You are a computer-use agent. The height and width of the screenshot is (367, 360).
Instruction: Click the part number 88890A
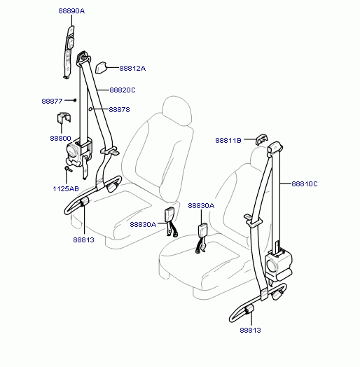point(71,11)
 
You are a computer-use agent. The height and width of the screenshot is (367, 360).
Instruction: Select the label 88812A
point(132,69)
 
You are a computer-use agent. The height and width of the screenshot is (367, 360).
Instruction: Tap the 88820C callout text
point(123,90)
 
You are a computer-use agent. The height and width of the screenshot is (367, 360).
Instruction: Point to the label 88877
point(52,101)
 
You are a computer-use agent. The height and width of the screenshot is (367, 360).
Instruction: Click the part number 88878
point(119,109)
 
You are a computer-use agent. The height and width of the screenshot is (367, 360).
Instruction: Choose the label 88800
point(61,139)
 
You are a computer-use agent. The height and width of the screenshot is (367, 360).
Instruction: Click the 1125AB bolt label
point(66,188)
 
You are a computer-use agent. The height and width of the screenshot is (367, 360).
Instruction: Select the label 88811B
point(228,141)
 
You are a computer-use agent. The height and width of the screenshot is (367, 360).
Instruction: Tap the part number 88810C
point(305,184)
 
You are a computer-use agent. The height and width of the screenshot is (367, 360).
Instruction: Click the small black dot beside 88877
point(75,100)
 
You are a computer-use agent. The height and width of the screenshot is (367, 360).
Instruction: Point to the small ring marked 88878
point(90,109)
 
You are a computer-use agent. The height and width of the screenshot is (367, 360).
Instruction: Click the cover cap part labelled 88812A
point(101,68)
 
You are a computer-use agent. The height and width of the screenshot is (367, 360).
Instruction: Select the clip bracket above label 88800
point(64,118)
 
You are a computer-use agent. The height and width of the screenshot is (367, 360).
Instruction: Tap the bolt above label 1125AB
point(68,169)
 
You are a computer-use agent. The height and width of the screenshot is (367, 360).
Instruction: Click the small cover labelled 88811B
point(261,139)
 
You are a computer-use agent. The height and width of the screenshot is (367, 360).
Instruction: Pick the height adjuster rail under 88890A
point(69,53)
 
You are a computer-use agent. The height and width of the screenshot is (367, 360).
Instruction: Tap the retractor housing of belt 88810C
point(278,264)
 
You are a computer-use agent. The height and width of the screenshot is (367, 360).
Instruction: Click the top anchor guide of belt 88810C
point(275,148)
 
